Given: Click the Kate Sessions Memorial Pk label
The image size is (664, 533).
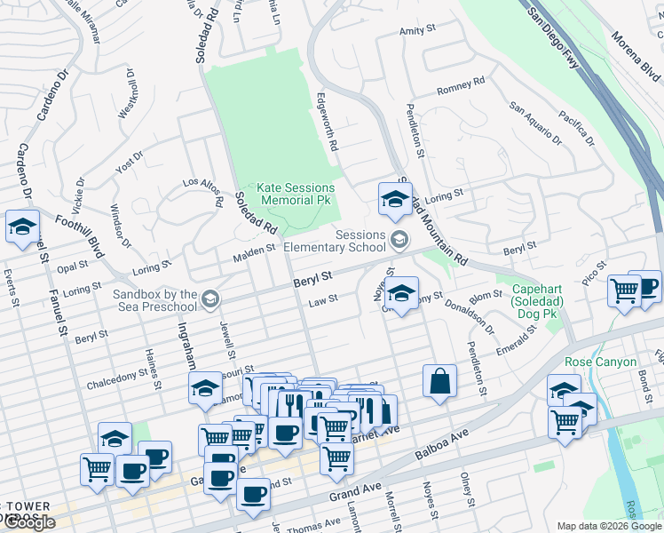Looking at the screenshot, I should [296, 195].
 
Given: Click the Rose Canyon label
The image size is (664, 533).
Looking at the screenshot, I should [600, 362].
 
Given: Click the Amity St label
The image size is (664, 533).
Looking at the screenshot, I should [418, 30].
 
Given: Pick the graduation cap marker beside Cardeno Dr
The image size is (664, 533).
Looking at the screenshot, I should [22, 226].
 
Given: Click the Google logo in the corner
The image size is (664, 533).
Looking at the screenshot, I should [29, 522].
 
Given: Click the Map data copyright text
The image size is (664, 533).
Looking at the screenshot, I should [609, 526].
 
